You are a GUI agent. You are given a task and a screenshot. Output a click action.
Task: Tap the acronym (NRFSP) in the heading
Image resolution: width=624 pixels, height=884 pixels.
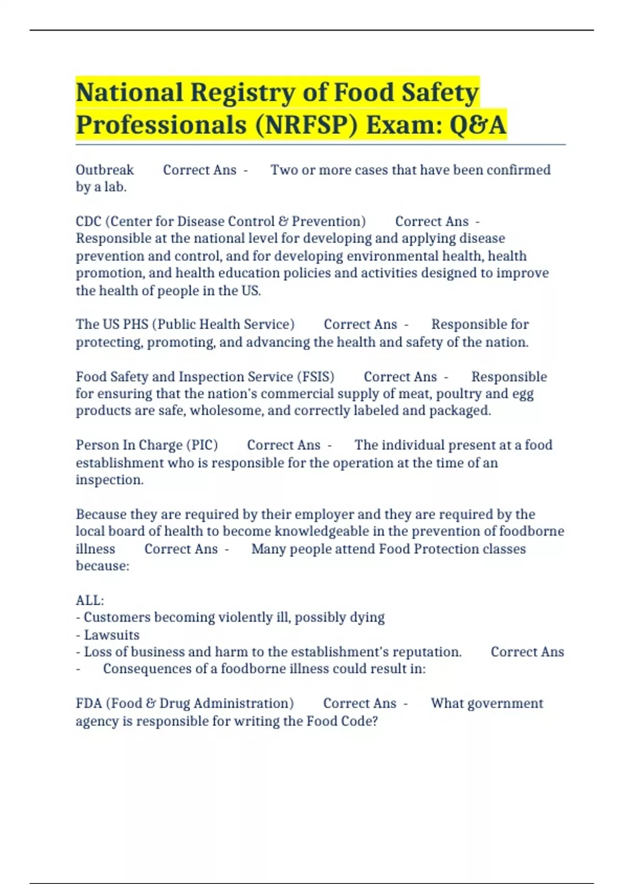pyautogui.click(x=306, y=126)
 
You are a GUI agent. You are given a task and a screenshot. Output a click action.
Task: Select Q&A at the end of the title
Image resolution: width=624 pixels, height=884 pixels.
pyautogui.click(x=477, y=126)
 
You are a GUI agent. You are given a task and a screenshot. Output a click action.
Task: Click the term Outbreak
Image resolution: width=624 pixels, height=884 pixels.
pyautogui.click(x=105, y=170)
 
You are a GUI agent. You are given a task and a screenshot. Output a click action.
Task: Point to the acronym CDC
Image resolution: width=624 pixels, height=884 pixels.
pyautogui.click(x=88, y=222)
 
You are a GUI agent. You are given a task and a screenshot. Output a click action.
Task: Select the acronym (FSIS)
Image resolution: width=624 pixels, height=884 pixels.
pyautogui.click(x=316, y=376)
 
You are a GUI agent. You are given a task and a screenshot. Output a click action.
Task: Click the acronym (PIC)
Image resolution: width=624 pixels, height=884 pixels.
pyautogui.click(x=202, y=445)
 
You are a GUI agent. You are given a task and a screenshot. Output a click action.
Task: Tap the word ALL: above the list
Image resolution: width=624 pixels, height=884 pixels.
pyautogui.click(x=90, y=601)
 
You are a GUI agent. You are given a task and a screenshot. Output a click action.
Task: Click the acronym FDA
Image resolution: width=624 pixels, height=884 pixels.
pyautogui.click(x=89, y=704)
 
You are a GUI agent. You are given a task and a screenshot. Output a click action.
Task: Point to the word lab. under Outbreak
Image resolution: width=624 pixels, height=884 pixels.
pyautogui.click(x=115, y=187)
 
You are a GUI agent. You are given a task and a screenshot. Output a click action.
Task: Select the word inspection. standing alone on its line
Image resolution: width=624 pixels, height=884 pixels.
pyautogui.click(x=110, y=480)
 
